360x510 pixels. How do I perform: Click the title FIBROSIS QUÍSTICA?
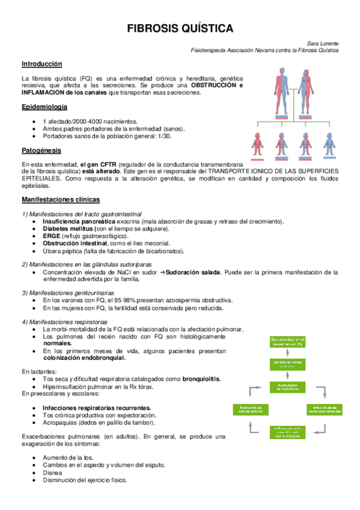[x=180, y=29]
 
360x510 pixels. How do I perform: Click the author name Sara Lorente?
[x=322, y=43]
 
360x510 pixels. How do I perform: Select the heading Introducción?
[x=41, y=64]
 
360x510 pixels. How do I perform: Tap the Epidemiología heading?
[x=44, y=106]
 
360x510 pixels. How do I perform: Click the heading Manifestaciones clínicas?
[x=60, y=199]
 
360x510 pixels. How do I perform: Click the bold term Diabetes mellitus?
[x=69, y=229]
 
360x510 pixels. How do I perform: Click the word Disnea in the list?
[x=52, y=473]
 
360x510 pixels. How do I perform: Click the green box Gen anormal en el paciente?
[x=288, y=342]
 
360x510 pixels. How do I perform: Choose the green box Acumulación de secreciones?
[x=288, y=387]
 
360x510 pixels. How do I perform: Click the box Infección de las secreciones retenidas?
[x=328, y=410]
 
